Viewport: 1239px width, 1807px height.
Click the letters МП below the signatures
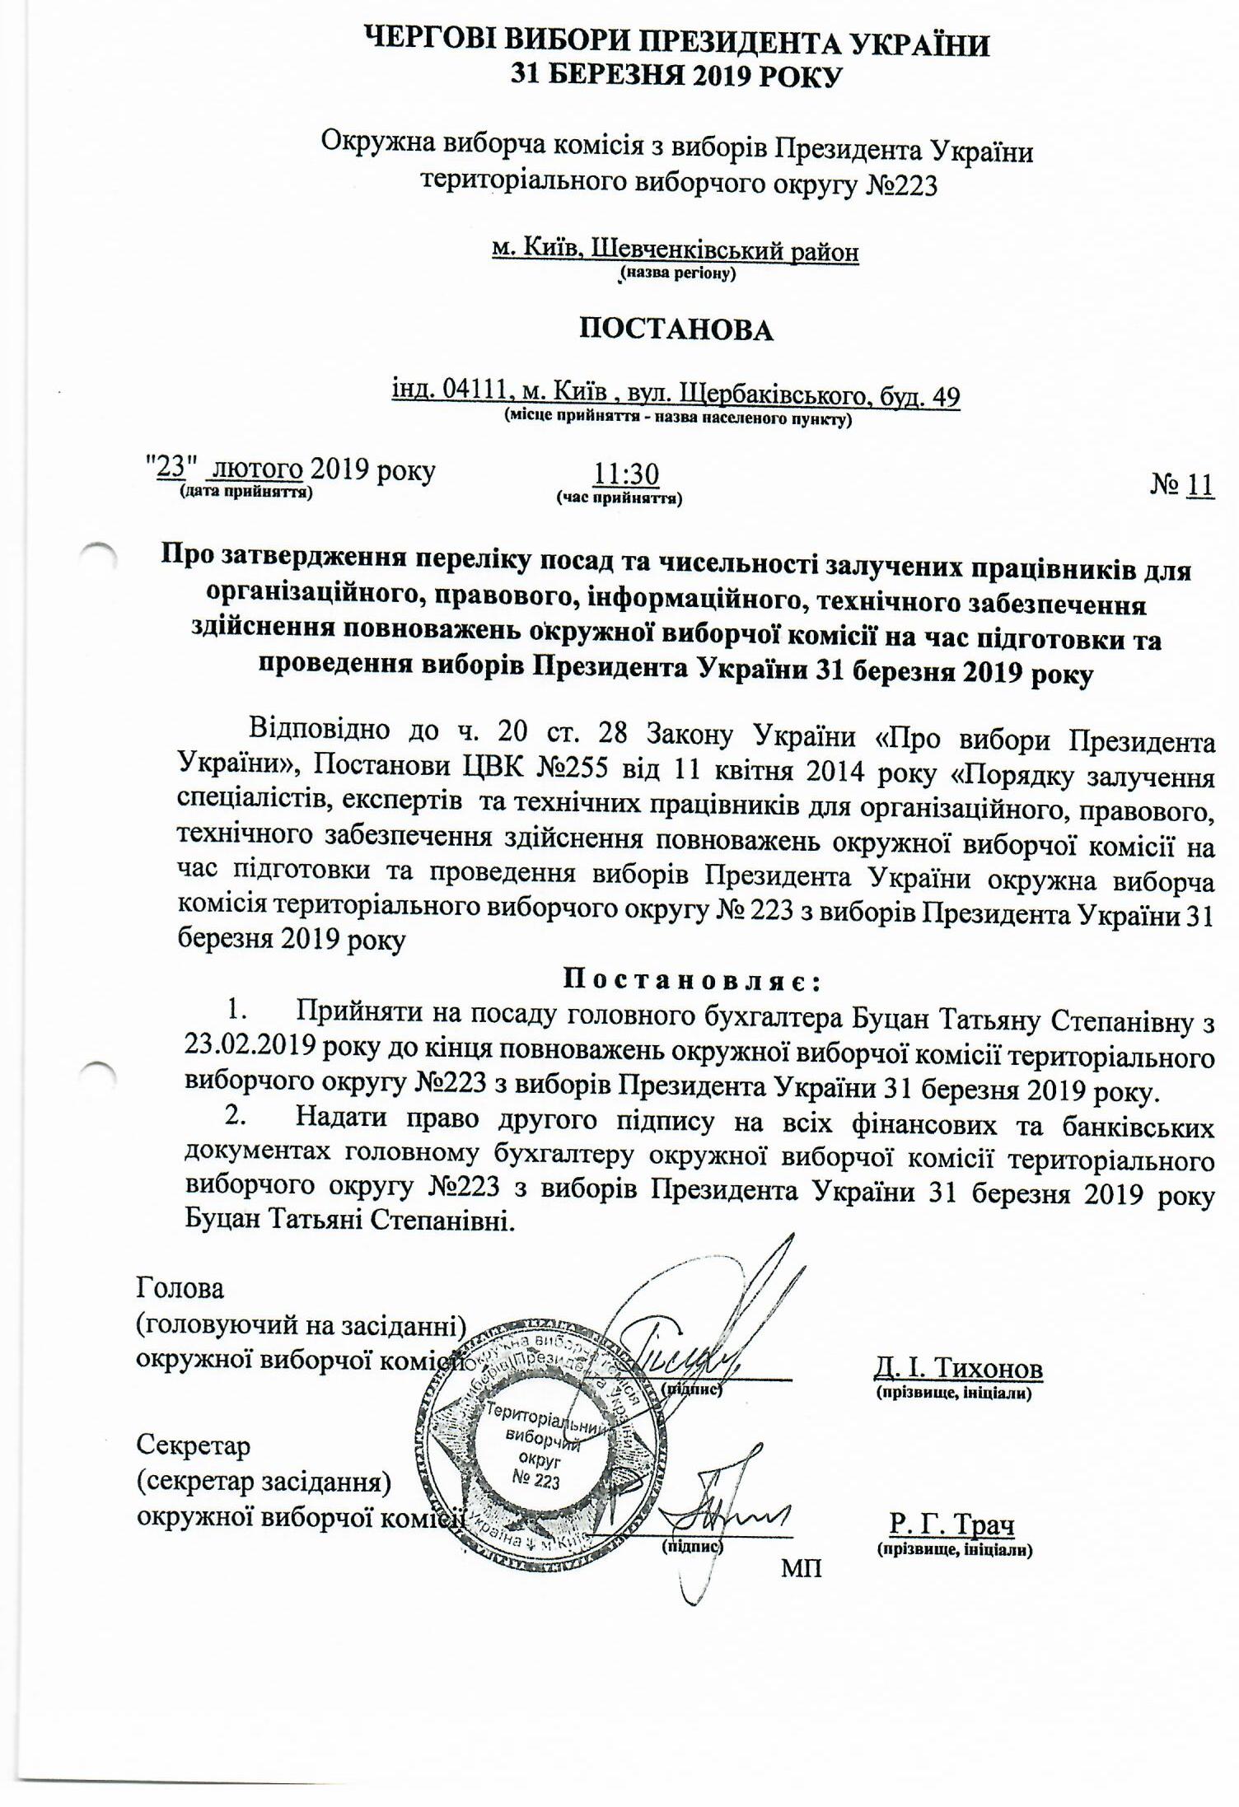[x=801, y=1567]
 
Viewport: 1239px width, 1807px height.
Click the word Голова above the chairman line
[x=180, y=1286]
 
